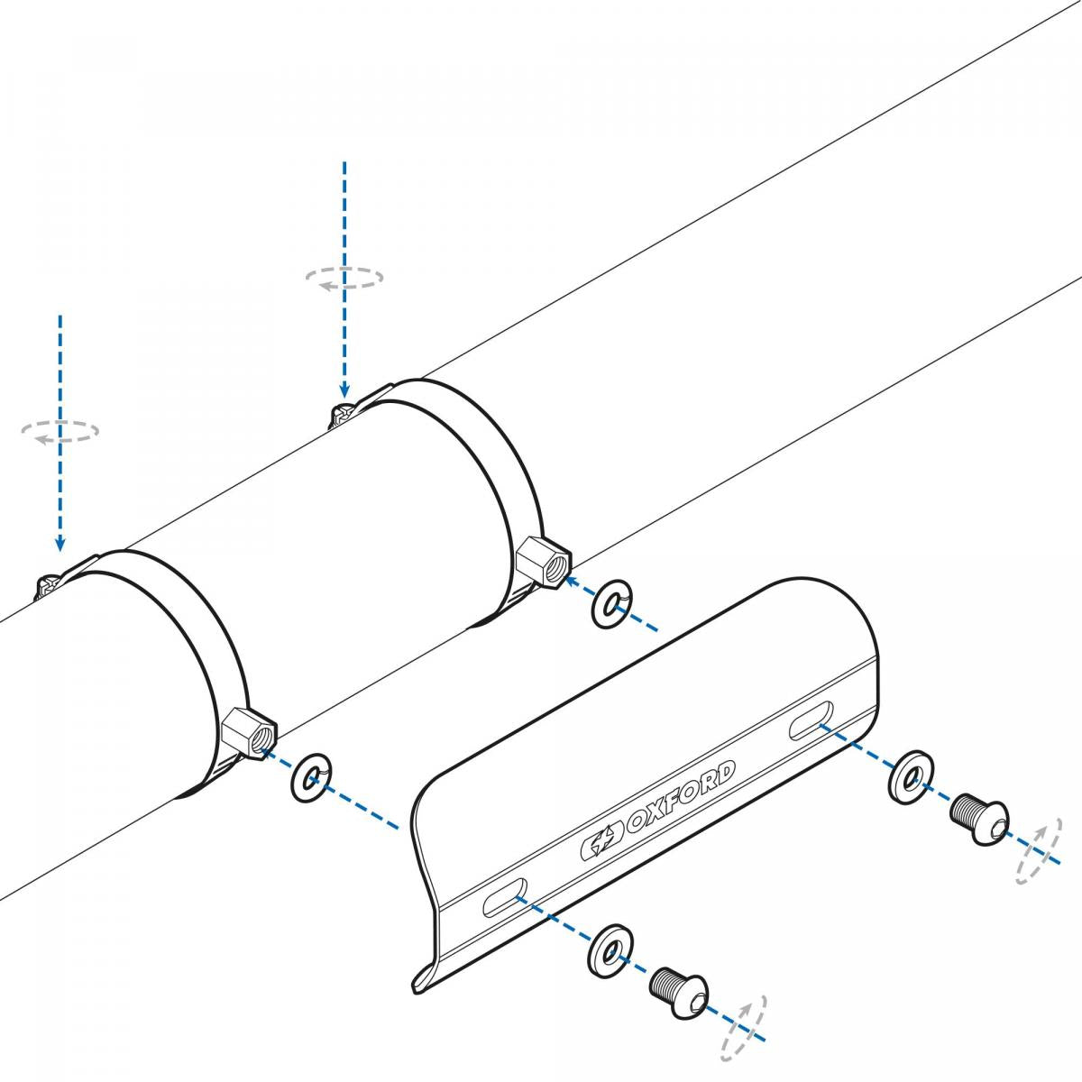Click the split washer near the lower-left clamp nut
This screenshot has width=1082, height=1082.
[311, 775]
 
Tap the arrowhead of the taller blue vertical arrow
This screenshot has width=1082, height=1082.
[344, 389]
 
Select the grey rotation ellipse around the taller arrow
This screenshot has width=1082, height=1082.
[344, 278]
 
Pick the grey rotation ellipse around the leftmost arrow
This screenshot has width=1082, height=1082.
[60, 431]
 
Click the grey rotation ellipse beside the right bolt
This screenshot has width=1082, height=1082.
[1037, 852]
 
